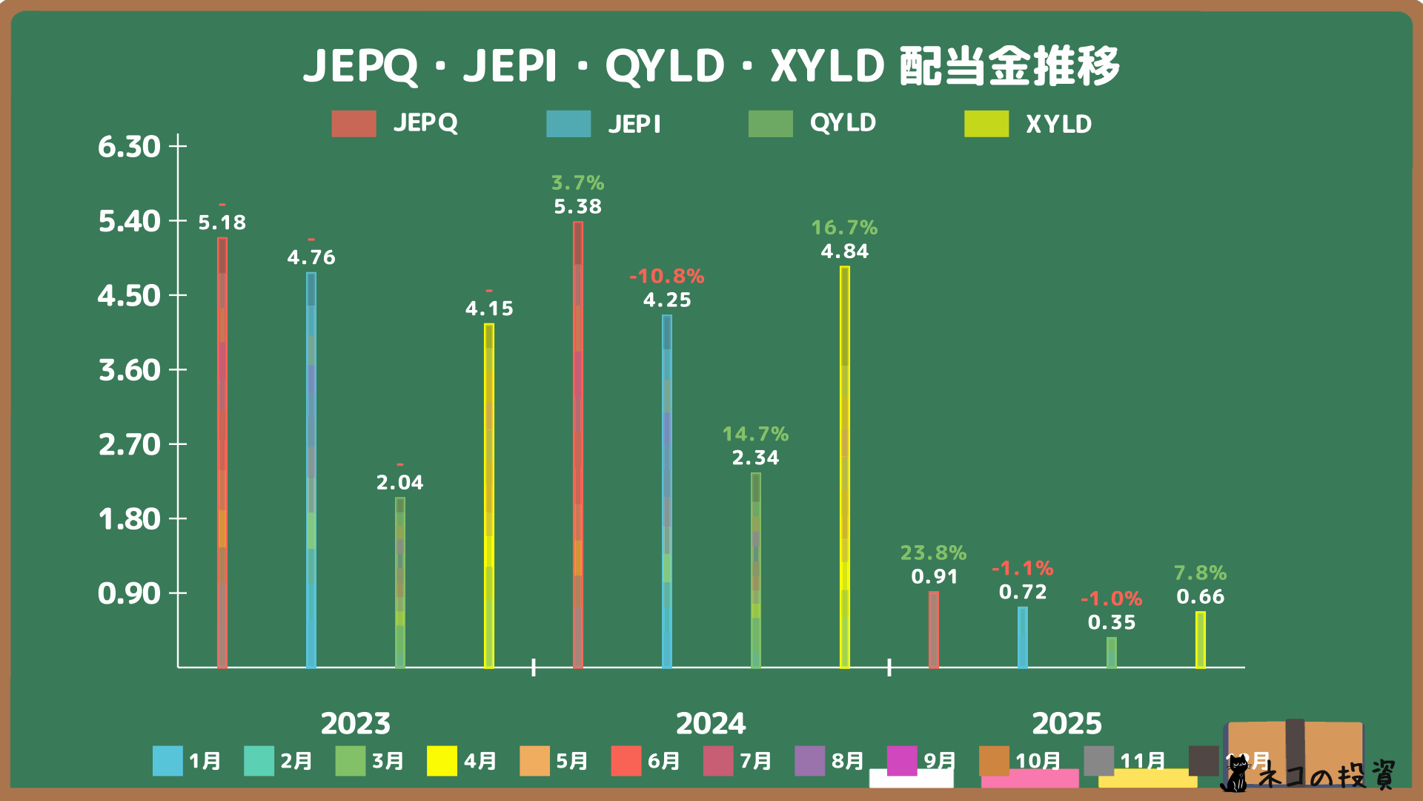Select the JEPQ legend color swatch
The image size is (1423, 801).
click(x=354, y=124)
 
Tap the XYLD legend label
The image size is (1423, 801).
click(x=1058, y=124)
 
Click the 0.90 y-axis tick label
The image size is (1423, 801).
click(x=129, y=593)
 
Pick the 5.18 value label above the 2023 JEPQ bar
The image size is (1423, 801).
click(x=222, y=222)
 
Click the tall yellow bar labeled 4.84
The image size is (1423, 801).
click(x=845, y=467)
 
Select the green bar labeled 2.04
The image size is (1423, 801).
click(x=400, y=582)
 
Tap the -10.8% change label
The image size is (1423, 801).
click(x=666, y=276)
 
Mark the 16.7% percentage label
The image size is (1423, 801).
click(x=844, y=227)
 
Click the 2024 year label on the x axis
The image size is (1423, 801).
click(x=711, y=723)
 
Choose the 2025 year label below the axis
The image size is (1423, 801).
click(x=1067, y=723)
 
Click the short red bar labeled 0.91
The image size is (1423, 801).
click(x=934, y=630)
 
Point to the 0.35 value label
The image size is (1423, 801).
click(x=1111, y=622)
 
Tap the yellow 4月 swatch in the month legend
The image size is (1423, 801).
click(x=442, y=761)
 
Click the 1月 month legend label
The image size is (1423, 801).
click(x=205, y=761)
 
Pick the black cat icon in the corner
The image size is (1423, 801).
click(x=1235, y=775)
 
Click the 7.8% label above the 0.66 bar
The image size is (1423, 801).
click(x=1200, y=573)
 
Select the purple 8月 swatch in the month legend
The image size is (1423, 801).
click(x=809, y=761)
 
